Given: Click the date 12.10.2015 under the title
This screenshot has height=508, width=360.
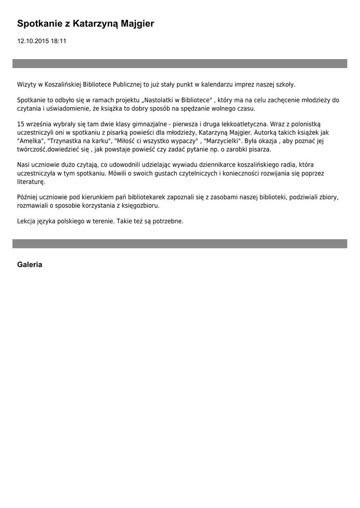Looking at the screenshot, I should tap(33, 41).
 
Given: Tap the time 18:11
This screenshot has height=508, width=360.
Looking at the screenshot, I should tap(58, 41).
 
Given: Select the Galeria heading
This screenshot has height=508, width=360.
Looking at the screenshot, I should tap(30, 264).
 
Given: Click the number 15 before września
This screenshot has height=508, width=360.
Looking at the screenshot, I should tap(21, 124).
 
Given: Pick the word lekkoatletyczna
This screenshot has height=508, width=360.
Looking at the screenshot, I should tap(242, 124).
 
